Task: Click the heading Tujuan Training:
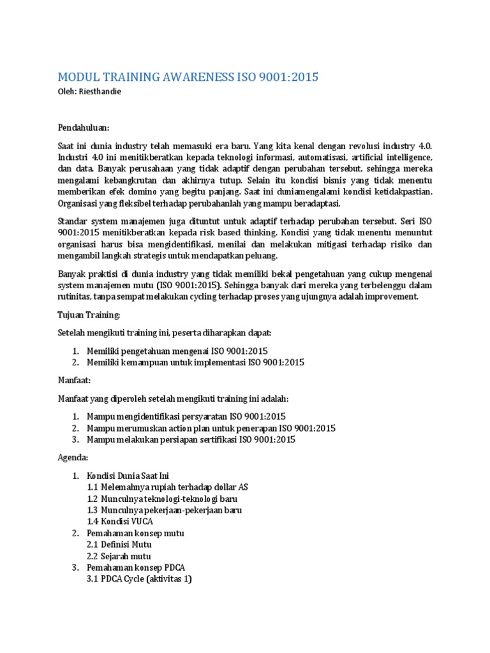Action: coord(89,315)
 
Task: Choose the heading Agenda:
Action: coord(73,458)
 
